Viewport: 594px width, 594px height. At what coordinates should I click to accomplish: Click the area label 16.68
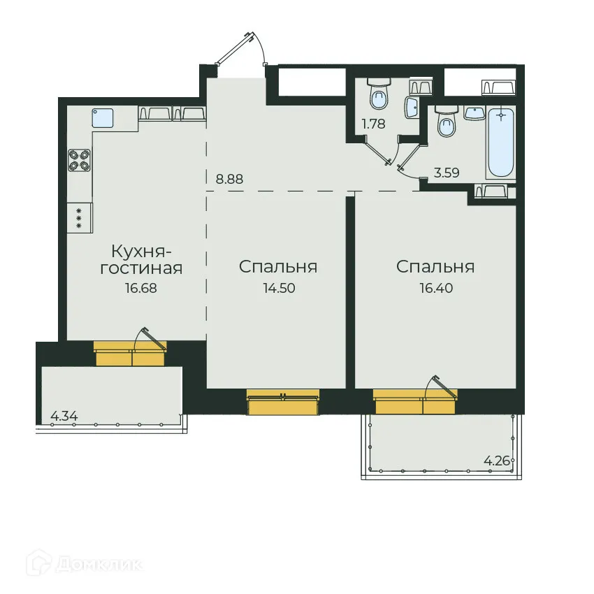[x=141, y=289]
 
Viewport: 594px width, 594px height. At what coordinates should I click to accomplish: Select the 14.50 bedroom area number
[x=280, y=289]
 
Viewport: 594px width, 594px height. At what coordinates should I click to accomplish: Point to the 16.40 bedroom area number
[x=436, y=289]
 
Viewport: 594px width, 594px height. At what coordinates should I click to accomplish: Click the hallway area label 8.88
[x=229, y=179]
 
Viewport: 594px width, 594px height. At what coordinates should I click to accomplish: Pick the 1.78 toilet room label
[x=374, y=124]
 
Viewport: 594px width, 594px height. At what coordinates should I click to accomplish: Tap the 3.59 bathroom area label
[x=447, y=173]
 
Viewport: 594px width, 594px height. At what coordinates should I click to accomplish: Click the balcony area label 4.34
[x=64, y=416]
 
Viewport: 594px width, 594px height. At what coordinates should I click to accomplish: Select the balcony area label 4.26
[x=497, y=461]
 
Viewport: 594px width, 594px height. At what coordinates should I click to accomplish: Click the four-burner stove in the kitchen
[x=79, y=159]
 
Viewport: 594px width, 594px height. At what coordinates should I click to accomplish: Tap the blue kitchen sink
[x=103, y=118]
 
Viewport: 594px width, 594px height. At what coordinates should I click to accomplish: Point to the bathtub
[x=501, y=143]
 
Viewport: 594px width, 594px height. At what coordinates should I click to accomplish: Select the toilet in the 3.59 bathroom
[x=447, y=121]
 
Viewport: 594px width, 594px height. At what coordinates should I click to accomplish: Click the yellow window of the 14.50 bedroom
[x=283, y=402]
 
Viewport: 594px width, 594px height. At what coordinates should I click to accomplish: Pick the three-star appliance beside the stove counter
[x=80, y=218]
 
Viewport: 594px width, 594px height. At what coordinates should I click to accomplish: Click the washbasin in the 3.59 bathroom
[x=475, y=113]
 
